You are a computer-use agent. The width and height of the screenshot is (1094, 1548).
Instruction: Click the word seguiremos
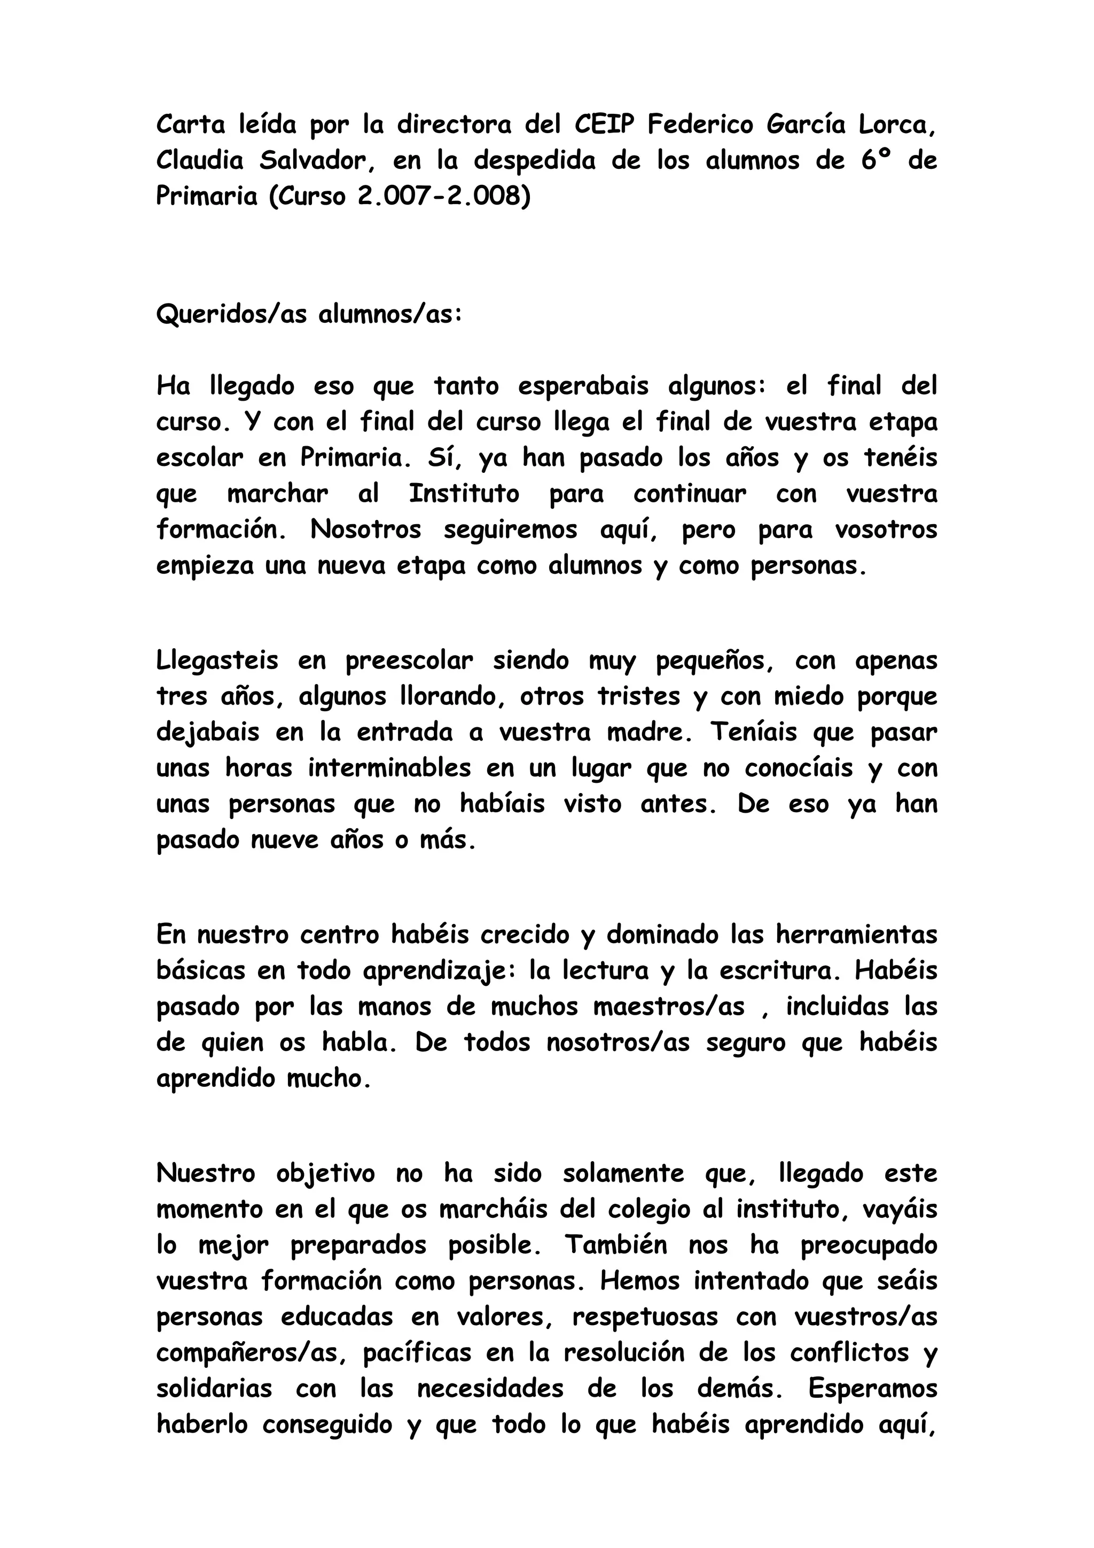point(510,530)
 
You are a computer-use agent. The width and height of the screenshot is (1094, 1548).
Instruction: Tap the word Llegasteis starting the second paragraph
point(217,661)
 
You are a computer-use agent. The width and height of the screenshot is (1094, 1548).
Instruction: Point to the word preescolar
point(409,661)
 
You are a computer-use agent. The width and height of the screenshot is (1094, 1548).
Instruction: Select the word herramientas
point(856,935)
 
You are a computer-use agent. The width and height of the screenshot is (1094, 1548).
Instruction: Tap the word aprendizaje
point(439,971)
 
